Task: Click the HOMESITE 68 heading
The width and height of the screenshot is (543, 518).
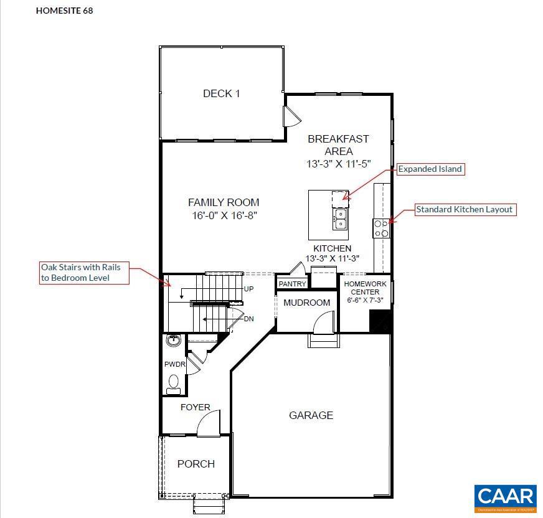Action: point(65,11)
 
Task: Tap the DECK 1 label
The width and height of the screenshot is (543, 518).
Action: point(221,93)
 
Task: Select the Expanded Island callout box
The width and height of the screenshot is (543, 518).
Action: point(430,169)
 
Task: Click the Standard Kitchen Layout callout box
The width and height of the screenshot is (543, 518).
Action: point(465,209)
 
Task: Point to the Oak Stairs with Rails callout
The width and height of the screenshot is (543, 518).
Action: point(84,273)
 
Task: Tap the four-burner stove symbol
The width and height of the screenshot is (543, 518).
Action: point(381,228)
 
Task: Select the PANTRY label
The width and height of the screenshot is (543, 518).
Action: point(292,284)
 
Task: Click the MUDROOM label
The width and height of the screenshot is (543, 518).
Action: point(306,303)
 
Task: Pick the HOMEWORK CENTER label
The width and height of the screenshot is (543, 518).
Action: point(365,288)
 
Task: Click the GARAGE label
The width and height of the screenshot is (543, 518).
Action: point(311,415)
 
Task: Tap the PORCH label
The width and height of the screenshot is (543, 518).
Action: point(196,464)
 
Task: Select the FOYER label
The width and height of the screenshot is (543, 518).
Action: point(195,407)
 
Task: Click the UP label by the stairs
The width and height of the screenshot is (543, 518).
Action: point(248,289)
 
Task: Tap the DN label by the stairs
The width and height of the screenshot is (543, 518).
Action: point(248,319)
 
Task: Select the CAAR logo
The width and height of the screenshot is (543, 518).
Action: point(505,497)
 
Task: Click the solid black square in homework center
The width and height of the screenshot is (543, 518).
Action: point(379,321)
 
